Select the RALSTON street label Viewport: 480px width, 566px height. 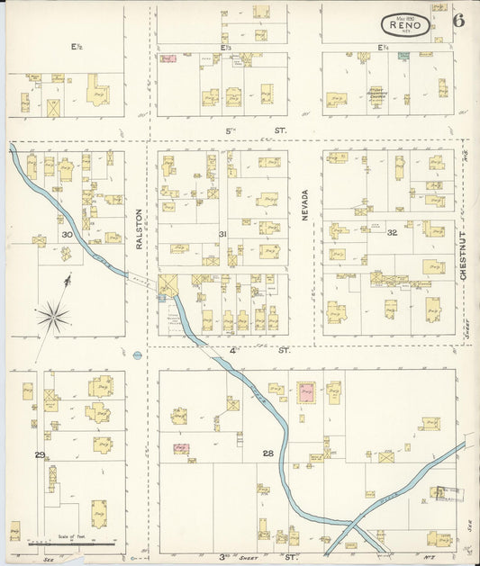(140, 229)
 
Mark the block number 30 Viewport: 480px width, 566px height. (67, 235)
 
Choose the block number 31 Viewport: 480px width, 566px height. (222, 235)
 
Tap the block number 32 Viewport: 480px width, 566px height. (392, 233)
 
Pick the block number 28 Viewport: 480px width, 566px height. (267, 453)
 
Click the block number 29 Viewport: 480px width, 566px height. (40, 454)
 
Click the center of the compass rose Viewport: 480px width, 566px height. (54, 316)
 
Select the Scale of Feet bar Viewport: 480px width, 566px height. (72, 544)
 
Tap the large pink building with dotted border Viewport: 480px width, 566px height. (307, 392)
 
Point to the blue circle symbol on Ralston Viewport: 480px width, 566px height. (137, 355)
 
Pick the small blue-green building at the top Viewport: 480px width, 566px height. (403, 55)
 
